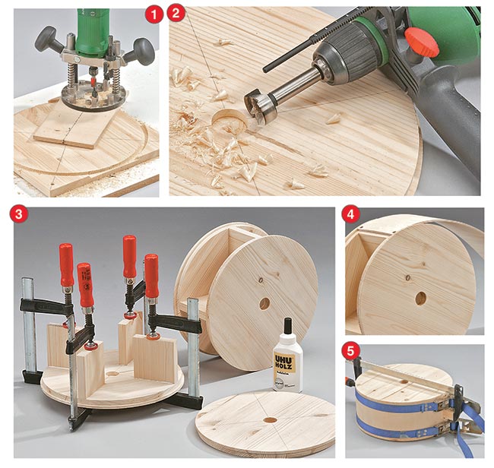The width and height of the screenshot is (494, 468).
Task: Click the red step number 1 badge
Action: coord(155,14)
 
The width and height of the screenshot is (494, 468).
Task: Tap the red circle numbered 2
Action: coord(177,14)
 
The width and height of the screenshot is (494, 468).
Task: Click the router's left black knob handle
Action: coord(45,36)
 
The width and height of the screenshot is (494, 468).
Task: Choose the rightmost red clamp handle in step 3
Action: coord(152,276)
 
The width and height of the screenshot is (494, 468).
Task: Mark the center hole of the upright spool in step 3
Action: coord(264,303)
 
